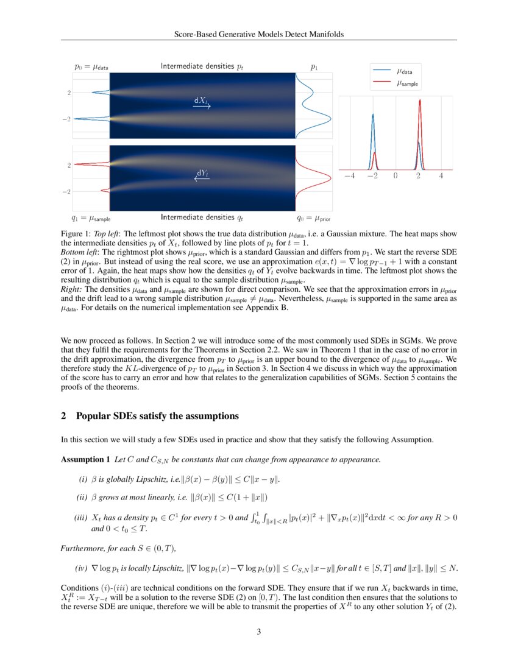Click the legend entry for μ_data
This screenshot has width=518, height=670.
403,71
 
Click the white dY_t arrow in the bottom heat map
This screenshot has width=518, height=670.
202,178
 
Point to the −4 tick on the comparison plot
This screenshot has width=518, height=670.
349,176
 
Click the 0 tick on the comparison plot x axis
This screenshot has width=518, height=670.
396,176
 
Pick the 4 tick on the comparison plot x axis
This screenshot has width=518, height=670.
441,176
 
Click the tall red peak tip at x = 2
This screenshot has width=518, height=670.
419,101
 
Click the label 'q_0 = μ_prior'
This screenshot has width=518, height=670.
313,217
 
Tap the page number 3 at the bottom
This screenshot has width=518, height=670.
259,632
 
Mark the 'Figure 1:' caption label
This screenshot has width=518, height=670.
76,233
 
